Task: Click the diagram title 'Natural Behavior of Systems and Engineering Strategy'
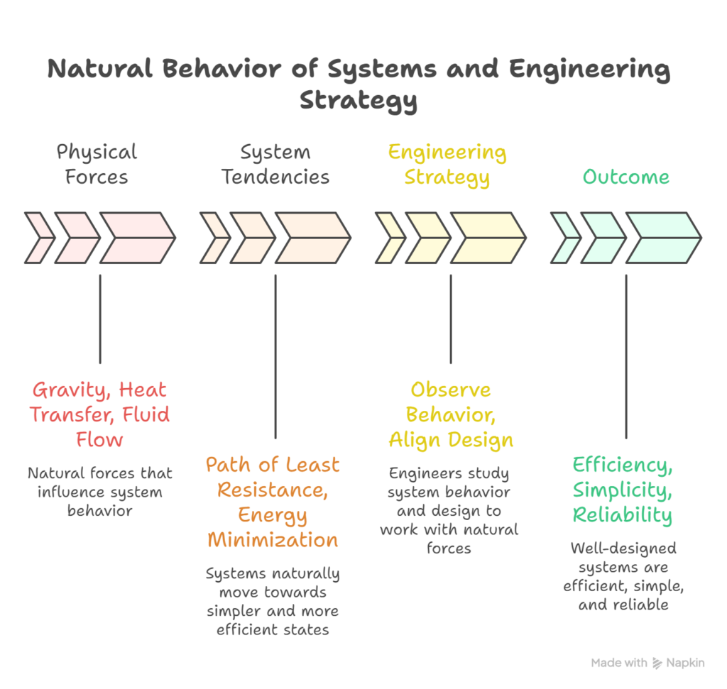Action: (x=359, y=84)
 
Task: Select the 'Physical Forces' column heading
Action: (x=97, y=164)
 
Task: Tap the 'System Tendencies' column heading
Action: (x=275, y=164)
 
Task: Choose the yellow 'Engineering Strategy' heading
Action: (x=447, y=164)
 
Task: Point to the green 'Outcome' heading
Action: (x=625, y=176)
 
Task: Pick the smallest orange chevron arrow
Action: (x=214, y=238)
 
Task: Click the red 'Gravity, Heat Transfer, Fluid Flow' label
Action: (x=100, y=414)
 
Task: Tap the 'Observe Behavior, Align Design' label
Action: (x=451, y=414)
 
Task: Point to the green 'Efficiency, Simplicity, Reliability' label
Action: (x=623, y=490)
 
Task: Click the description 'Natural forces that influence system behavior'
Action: (x=100, y=491)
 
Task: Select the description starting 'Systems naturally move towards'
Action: (x=273, y=600)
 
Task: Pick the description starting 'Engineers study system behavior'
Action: (x=449, y=510)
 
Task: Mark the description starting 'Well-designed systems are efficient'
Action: (x=624, y=576)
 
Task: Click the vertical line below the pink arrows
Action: (x=100, y=319)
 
